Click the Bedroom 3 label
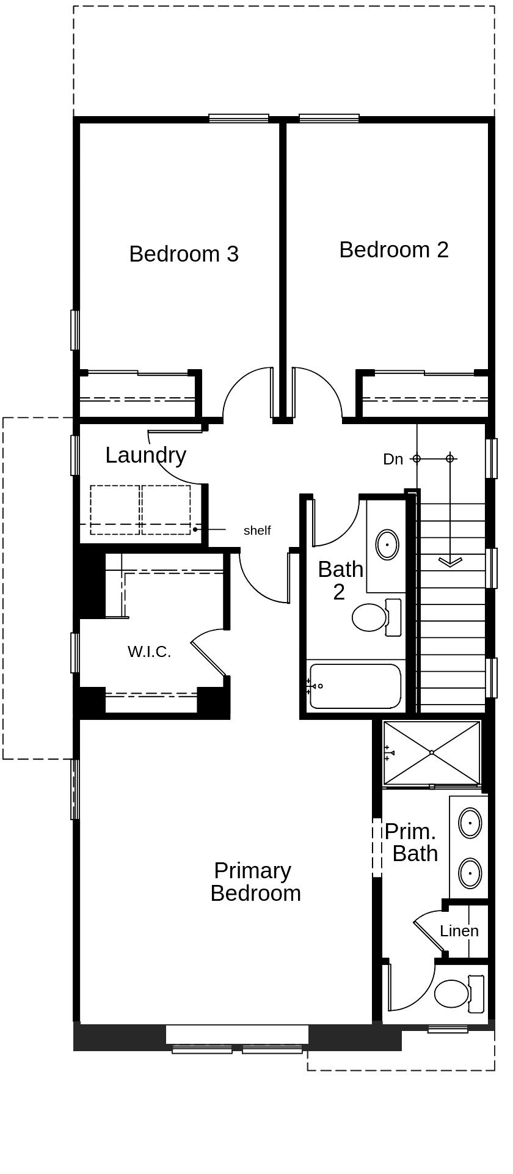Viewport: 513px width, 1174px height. click(x=184, y=254)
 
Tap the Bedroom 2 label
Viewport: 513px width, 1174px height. click(x=394, y=250)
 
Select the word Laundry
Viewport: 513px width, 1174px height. click(x=145, y=455)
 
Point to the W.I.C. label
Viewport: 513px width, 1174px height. click(x=149, y=652)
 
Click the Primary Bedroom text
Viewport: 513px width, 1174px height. click(x=255, y=882)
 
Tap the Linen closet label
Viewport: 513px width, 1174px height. click(x=459, y=931)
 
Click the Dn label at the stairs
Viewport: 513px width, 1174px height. click(x=393, y=459)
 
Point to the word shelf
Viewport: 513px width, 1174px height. click(x=256, y=530)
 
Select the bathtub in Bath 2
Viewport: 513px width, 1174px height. click(x=355, y=686)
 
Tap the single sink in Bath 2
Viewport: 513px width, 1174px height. click(x=387, y=544)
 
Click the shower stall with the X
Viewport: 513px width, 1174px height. click(x=432, y=752)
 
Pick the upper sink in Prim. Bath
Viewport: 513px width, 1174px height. click(x=470, y=823)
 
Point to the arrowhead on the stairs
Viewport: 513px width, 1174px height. click(x=450, y=562)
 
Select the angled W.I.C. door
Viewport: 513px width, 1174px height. click(x=208, y=658)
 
